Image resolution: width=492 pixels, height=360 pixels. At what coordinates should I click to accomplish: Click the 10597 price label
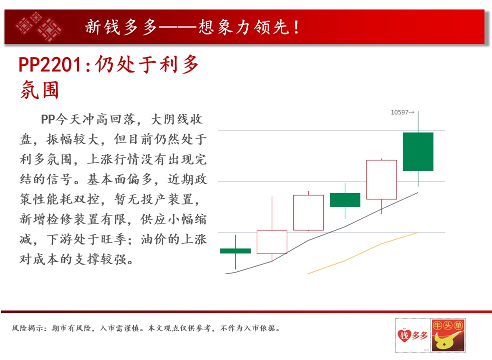click(x=399, y=112)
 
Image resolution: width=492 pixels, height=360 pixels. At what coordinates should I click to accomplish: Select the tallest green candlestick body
click(x=418, y=151)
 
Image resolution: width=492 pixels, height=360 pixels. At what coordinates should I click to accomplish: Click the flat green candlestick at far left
click(x=235, y=251)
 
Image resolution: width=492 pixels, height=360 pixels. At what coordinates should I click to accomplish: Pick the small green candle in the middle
click(x=345, y=200)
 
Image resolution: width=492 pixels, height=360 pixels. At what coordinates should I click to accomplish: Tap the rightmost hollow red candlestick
click(x=381, y=179)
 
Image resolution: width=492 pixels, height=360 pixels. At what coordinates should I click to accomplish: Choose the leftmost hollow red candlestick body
click(x=272, y=242)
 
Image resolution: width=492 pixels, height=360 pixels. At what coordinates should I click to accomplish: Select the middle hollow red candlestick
click(x=308, y=212)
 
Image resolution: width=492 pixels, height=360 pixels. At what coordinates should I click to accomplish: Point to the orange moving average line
click(x=363, y=253)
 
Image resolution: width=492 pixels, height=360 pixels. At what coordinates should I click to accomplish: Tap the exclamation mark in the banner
click(x=296, y=27)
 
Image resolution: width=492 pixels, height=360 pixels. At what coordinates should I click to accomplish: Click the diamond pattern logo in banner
click(x=39, y=27)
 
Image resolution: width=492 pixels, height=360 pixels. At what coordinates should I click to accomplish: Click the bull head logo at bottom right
click(x=448, y=335)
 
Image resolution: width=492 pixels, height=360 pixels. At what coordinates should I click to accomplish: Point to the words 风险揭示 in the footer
click(x=27, y=328)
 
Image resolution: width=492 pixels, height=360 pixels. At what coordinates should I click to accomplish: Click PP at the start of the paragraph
click(x=48, y=119)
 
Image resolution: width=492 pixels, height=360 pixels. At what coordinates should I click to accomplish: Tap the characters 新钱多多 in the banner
click(x=121, y=27)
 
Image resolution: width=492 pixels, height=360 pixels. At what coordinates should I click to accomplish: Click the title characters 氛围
click(x=40, y=89)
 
